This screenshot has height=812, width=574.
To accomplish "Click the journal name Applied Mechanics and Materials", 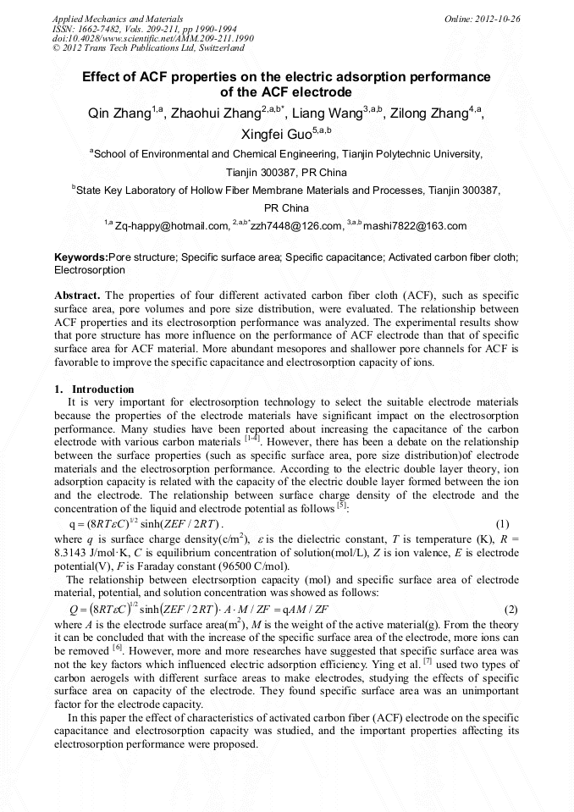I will pos(118,18).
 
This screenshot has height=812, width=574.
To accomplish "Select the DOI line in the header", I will pos(152,38).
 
